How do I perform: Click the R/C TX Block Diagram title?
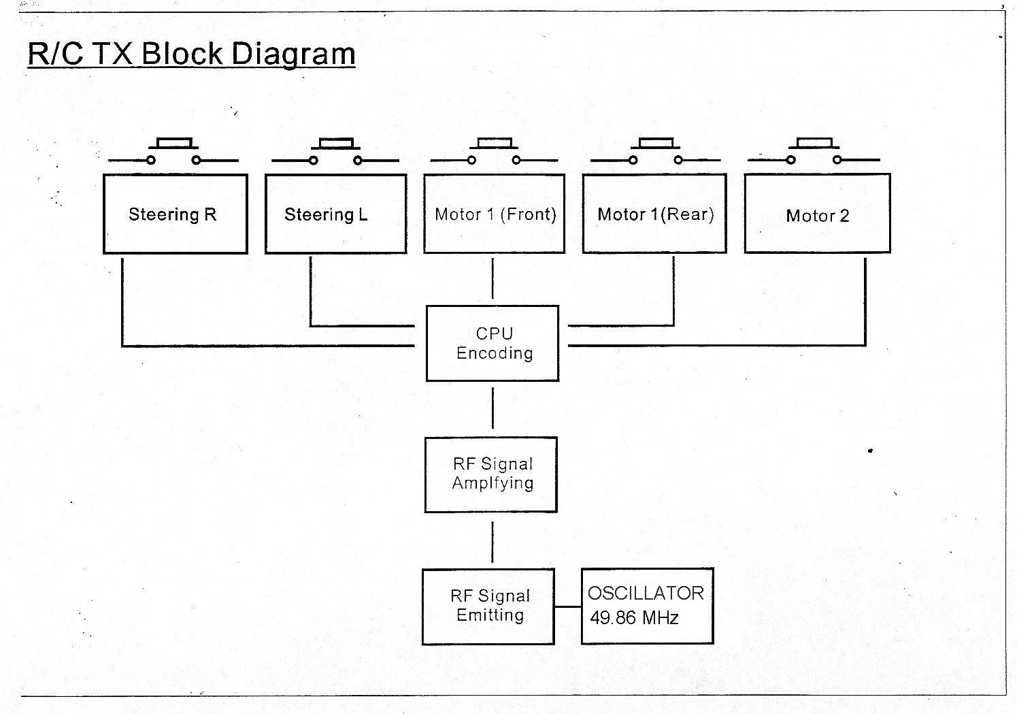(191, 53)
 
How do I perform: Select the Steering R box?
(175, 214)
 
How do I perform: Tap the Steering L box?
(335, 214)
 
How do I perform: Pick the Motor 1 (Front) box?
(494, 214)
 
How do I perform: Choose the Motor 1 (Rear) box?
(654, 214)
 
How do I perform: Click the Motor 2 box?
(817, 214)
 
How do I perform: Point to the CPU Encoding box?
(493, 343)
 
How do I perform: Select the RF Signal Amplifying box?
(491, 474)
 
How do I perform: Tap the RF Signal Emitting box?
(488, 606)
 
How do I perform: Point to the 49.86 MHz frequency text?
(634, 619)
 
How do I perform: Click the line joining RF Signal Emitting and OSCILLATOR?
(567, 606)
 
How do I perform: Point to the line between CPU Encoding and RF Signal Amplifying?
(493, 408)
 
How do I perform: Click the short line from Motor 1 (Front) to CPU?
(493, 278)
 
